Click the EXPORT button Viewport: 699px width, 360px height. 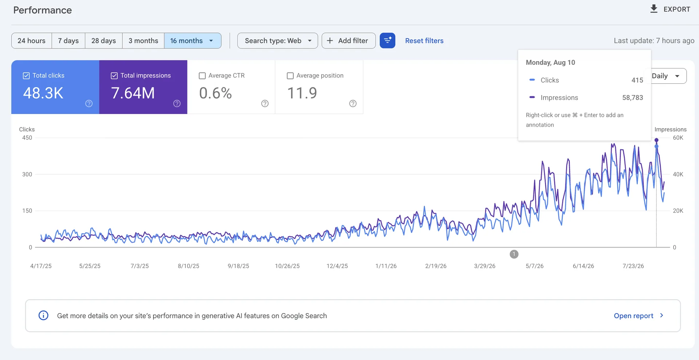tap(670, 9)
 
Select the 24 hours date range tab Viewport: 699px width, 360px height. tap(32, 41)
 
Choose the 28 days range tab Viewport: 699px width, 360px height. tap(104, 41)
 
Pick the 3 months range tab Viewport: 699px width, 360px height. tap(143, 41)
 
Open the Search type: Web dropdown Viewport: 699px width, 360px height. tap(277, 41)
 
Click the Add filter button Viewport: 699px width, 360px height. tap(348, 41)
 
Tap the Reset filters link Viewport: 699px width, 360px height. tap(424, 41)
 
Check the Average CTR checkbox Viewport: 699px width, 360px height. tap(202, 76)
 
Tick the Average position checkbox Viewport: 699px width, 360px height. tap(290, 76)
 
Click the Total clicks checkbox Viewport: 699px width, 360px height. tap(26, 76)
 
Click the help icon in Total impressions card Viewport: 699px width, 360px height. tap(177, 103)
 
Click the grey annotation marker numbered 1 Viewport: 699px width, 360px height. tap(514, 254)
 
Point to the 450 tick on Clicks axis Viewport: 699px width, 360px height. tap(27, 138)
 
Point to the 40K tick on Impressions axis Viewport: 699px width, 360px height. tap(678, 174)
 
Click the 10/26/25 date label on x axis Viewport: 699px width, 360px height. tap(287, 266)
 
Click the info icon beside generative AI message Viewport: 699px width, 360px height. tap(43, 315)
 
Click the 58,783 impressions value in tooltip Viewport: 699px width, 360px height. tap(632, 98)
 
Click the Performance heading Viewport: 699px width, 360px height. tap(43, 10)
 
